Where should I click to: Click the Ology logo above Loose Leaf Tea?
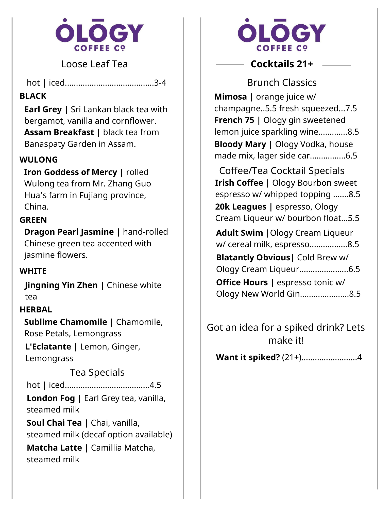pos(99,35)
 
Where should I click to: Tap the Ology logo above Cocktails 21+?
pos(282,35)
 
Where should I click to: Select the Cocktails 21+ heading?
pos(282,64)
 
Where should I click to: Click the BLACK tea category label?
pos(33,96)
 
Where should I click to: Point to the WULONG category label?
pos(39,160)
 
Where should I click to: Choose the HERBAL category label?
pos(36,309)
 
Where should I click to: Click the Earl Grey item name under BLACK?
pos(43,109)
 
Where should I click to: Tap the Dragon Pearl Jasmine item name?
pos(69,232)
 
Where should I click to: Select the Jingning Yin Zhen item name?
pos(61,285)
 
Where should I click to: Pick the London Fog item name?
pos(51,398)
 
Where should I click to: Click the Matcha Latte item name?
pos(54,448)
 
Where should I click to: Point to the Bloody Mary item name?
pos(240,144)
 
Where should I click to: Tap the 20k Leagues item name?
pos(241,207)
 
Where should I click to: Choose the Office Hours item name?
pos(242,282)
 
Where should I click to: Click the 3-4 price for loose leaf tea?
pos(160,83)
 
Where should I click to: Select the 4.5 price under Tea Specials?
pos(155,385)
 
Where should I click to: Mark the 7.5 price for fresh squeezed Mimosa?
pos(351,108)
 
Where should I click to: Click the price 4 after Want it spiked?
pos(359,357)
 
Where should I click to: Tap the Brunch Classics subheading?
pos(282,83)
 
